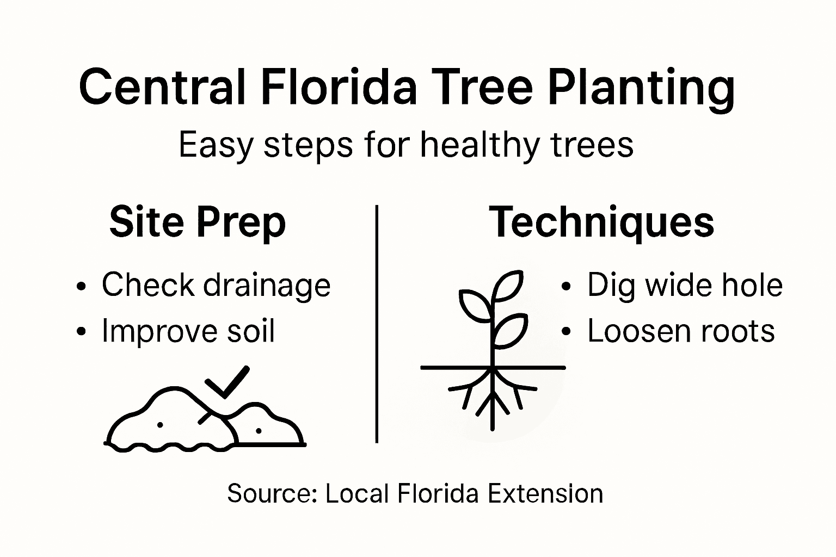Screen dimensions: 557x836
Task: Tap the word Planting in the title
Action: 641,88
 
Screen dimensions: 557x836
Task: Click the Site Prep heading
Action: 197,222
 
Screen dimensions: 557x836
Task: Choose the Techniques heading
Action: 601,222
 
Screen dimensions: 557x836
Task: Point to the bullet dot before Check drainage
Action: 82,287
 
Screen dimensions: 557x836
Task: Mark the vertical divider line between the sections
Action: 377,324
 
